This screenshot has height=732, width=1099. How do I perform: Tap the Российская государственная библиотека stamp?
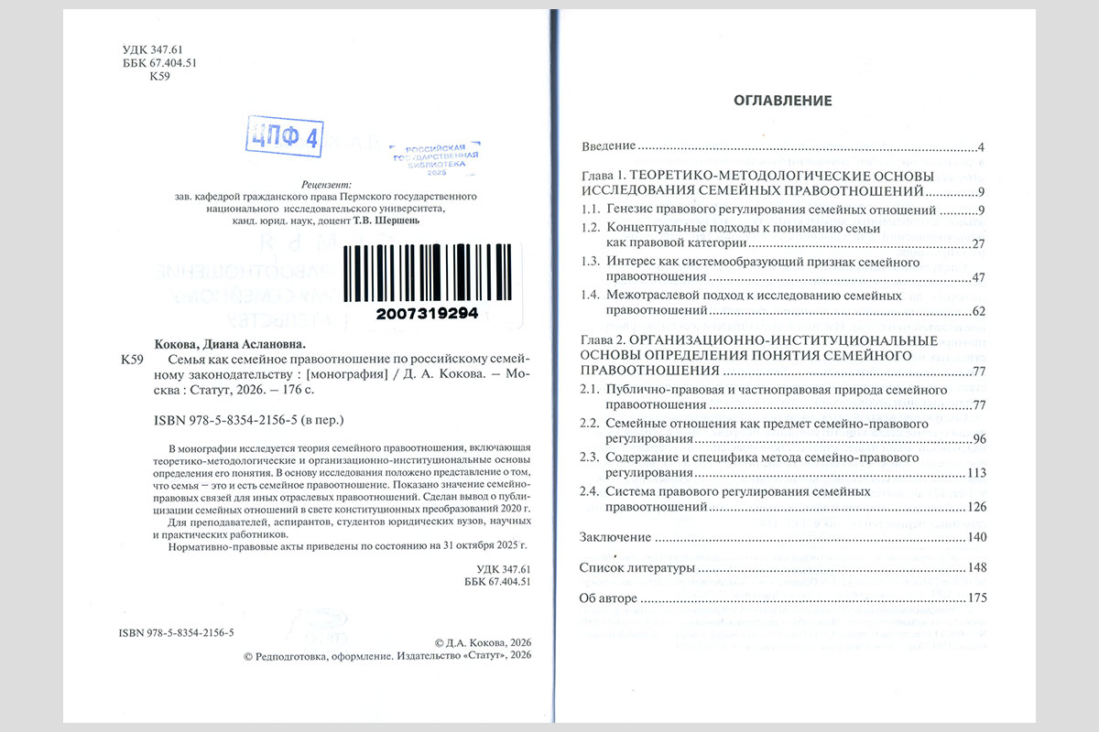(436, 159)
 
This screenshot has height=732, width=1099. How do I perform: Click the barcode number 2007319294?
(427, 313)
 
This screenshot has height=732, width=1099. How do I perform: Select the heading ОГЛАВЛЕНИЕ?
(782, 101)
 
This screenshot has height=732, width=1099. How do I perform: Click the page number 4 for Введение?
(980, 147)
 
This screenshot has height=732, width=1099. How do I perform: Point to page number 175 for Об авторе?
(976, 598)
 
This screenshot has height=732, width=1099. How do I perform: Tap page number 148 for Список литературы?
(976, 568)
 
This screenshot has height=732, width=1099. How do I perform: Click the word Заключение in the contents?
(616, 537)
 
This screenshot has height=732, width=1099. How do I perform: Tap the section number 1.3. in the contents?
(591, 263)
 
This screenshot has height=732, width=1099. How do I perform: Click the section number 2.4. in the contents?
(591, 491)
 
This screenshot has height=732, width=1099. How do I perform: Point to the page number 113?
(976, 473)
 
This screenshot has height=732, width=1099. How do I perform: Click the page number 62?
(979, 312)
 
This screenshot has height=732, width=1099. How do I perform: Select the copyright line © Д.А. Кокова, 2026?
(482, 642)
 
